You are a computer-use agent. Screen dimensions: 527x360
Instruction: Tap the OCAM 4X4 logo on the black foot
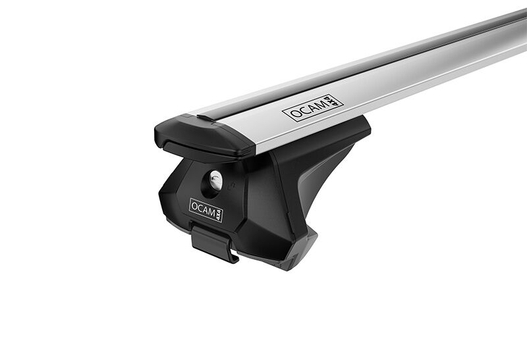click(x=206, y=210)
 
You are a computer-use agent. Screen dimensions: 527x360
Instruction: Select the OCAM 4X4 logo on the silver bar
click(x=312, y=108)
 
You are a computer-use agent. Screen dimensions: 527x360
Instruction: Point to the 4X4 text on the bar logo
click(x=331, y=101)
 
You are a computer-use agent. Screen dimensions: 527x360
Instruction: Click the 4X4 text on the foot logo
click(x=219, y=215)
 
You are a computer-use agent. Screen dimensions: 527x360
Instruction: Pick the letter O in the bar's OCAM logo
click(x=295, y=114)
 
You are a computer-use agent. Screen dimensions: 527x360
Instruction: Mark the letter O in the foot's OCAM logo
click(x=194, y=206)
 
